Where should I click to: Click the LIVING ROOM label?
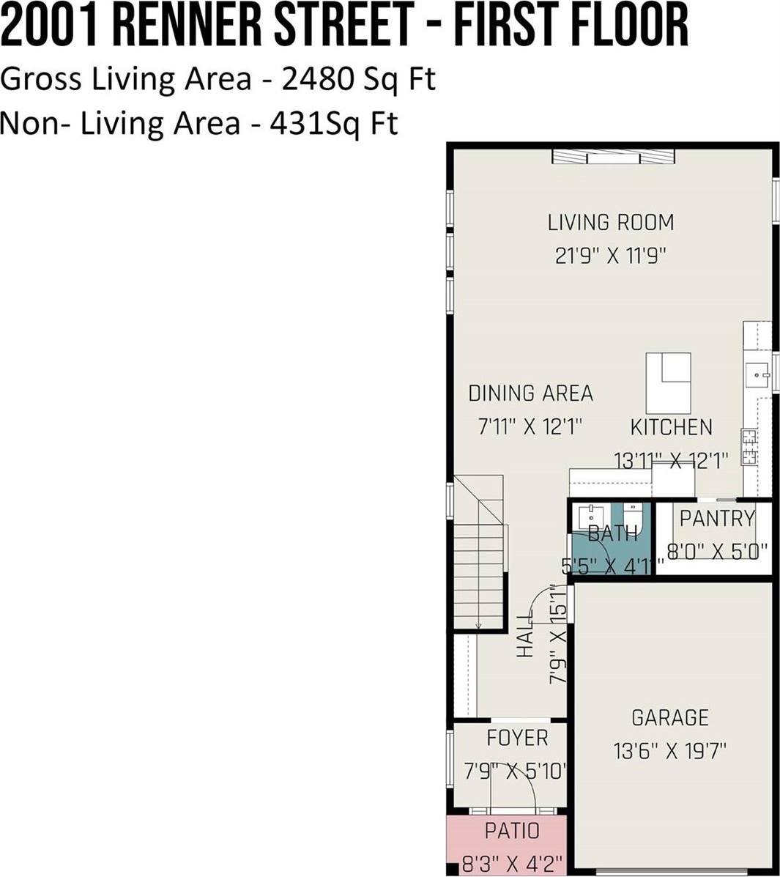click(x=611, y=222)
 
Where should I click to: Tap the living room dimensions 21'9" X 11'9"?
click(x=611, y=256)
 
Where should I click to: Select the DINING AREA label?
click(x=531, y=393)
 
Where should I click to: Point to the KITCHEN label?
click(x=671, y=427)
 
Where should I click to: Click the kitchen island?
click(x=668, y=383)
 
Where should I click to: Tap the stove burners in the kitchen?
click(x=749, y=447)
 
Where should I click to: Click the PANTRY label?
click(x=717, y=519)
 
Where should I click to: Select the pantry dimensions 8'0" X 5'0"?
click(x=717, y=552)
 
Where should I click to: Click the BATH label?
click(x=613, y=533)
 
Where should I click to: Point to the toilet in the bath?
click(x=635, y=517)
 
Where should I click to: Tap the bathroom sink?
click(x=591, y=516)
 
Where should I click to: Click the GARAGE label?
click(x=670, y=717)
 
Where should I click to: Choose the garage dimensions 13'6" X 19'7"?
click(x=670, y=750)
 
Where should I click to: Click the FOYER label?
click(x=517, y=739)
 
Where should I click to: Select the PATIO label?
click(x=512, y=831)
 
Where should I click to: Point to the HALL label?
click(x=524, y=636)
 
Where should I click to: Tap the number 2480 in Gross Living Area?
click(x=318, y=79)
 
